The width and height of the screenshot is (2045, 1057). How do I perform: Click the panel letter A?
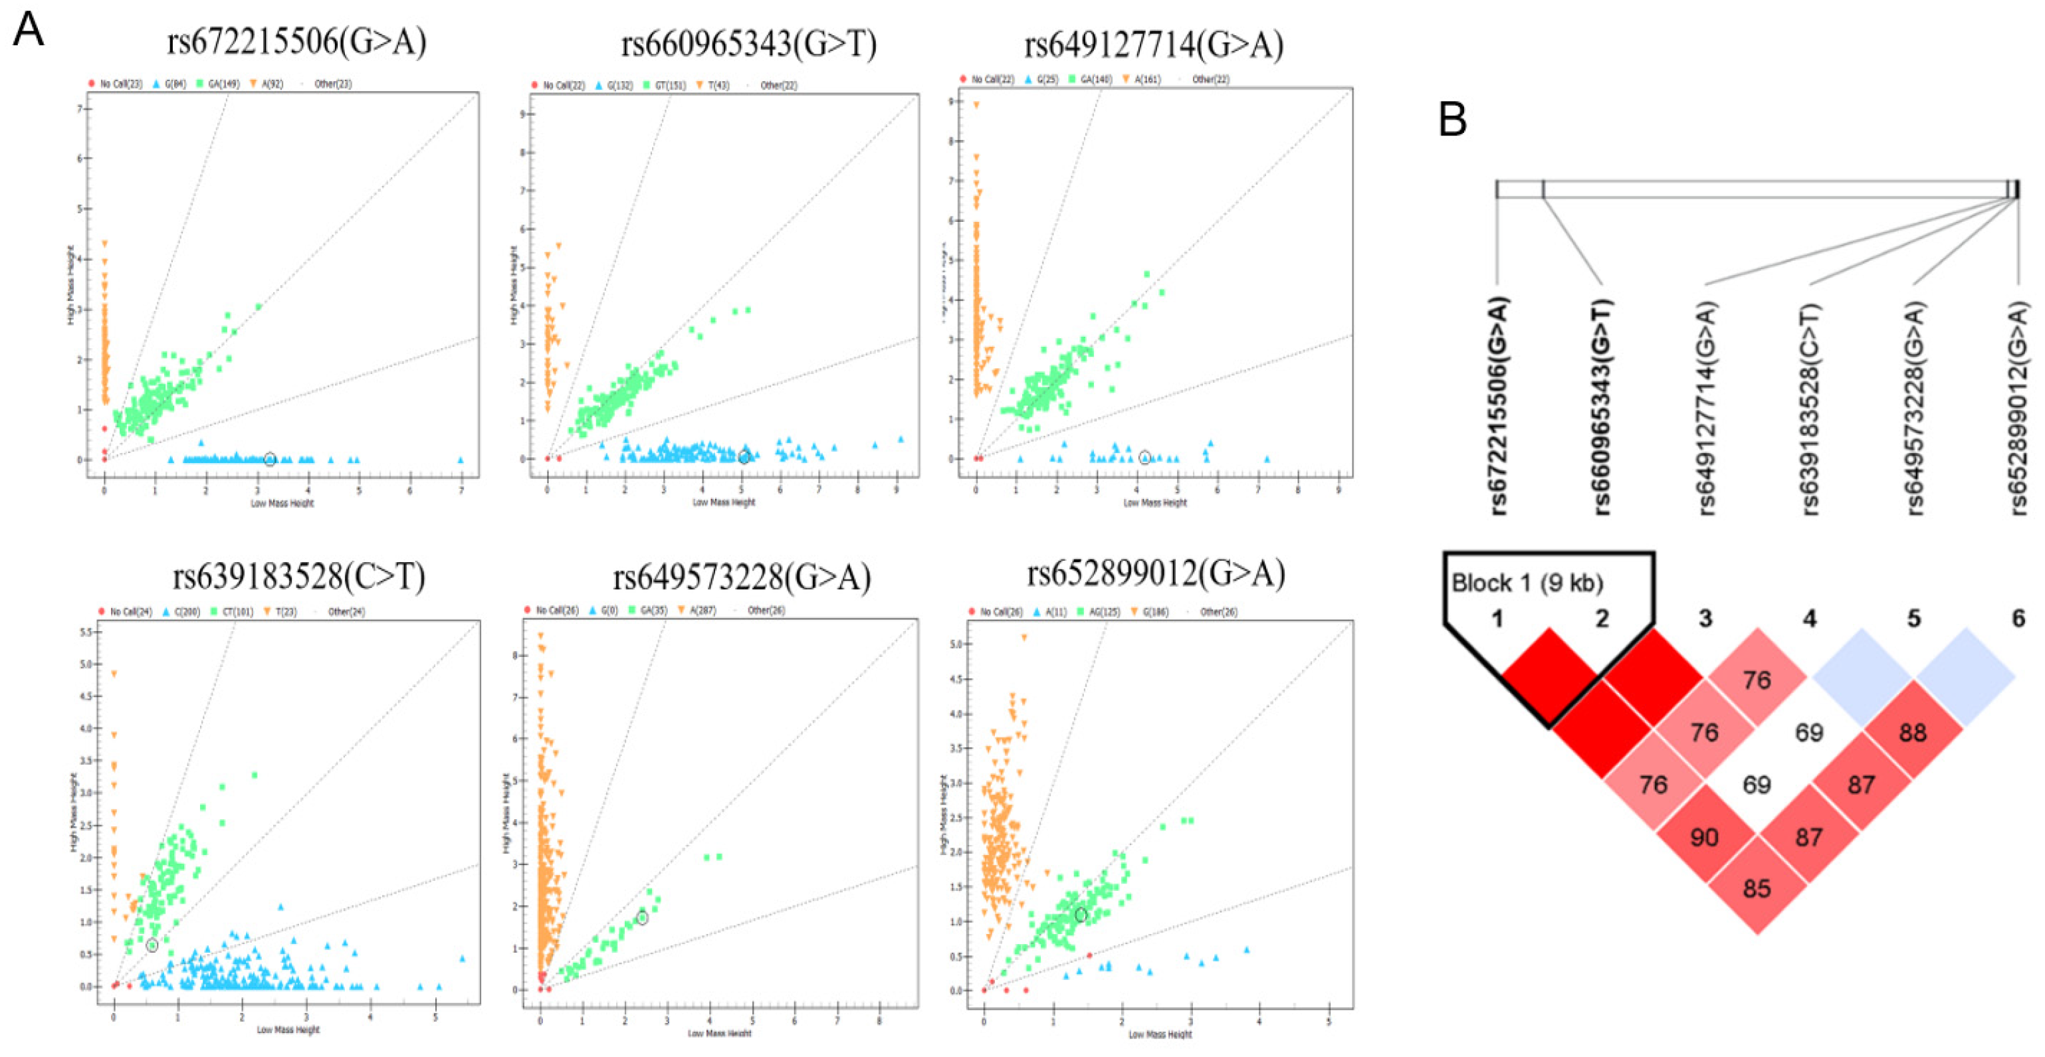pos(29,30)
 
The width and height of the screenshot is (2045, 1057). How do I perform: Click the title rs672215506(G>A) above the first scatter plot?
pos(296,41)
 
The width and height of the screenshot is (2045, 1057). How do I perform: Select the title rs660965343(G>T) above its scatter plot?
pos(748,44)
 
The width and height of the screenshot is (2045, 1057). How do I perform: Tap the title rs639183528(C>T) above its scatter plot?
pos(298,576)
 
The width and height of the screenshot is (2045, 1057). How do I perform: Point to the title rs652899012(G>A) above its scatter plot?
pos(1155,573)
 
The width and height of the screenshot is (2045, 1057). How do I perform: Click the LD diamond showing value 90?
pos(1705,837)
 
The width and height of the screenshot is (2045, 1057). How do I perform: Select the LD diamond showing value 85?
pos(1756,888)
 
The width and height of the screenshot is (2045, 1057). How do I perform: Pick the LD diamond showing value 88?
pos(1913,732)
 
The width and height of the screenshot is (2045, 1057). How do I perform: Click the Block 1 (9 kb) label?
pos(1527,583)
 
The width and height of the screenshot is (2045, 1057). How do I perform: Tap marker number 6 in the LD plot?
pos(2018,618)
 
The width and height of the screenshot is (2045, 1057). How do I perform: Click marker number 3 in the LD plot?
pos(1705,618)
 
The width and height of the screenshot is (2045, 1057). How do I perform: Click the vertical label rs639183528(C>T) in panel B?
pos(1810,409)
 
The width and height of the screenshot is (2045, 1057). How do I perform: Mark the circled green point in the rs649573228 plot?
pos(642,918)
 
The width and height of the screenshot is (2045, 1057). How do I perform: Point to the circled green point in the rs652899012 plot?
pos(1081,915)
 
